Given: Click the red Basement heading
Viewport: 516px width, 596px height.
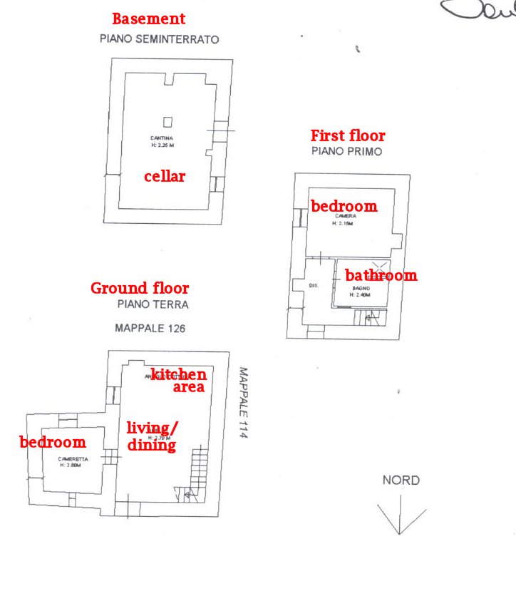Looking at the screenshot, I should tap(148, 19).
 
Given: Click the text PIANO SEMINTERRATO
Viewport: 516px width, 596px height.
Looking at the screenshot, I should tap(159, 40).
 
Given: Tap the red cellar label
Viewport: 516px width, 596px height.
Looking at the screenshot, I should tap(165, 176).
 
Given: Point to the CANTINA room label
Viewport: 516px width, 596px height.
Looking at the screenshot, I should tap(162, 138).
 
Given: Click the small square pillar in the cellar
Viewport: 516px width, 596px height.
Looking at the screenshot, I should tap(167, 121).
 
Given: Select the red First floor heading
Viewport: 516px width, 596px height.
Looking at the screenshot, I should tap(348, 135).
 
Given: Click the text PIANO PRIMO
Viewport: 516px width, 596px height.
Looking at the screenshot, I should tap(347, 152).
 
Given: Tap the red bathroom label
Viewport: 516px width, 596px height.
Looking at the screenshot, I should tap(381, 275).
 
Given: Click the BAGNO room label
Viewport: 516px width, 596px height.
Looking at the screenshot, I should tap(361, 288).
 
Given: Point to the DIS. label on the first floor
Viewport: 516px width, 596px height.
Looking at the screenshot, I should tap(313, 286).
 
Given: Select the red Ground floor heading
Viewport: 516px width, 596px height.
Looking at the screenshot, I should tap(140, 288).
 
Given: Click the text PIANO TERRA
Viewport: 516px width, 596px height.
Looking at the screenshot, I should tap(153, 304).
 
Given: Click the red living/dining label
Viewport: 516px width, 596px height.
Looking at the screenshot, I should tap(152, 436).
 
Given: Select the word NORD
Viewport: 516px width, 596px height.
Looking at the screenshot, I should tap(401, 481).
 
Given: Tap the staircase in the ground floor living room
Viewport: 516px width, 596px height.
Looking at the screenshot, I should tap(198, 471).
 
